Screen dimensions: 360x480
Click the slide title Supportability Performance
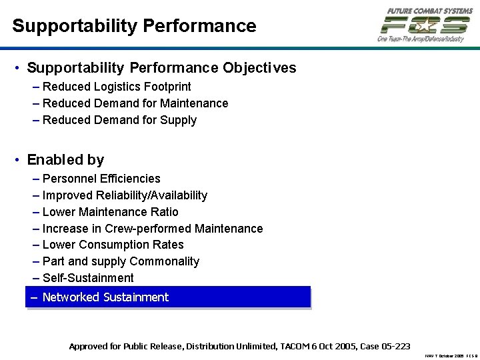pos(134,26)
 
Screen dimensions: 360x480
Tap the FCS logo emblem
pos(425,25)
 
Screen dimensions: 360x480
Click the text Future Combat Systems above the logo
pos(429,10)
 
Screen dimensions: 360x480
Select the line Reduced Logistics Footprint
pos(117,87)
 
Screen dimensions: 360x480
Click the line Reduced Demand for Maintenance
pos(135,103)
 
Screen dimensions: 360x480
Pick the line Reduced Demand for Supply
pos(119,120)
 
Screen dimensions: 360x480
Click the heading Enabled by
pos(65,160)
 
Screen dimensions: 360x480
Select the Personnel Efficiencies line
pos(101,179)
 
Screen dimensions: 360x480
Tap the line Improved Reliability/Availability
pos(125,195)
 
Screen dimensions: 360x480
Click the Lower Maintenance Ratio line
pos(111,212)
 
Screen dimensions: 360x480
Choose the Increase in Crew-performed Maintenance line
pos(153,229)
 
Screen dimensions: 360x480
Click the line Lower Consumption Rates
pos(113,245)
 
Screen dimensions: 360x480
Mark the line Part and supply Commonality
pos(121,261)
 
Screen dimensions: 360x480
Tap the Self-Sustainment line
pos(88,278)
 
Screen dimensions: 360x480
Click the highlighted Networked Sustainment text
pos(105,297)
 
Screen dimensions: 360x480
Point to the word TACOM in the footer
pos(291,347)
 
